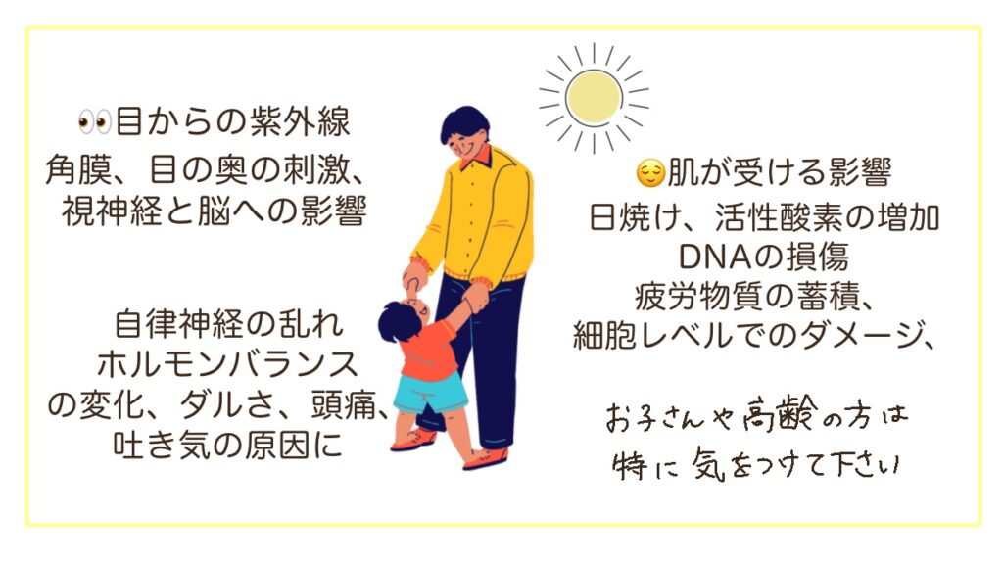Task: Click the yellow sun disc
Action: click(x=594, y=97)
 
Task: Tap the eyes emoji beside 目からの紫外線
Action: click(x=95, y=121)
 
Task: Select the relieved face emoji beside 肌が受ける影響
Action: click(x=650, y=173)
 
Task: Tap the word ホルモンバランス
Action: click(x=227, y=364)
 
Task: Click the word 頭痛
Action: click(x=343, y=404)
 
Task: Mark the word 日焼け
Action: click(x=635, y=217)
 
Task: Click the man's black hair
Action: click(x=464, y=122)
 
